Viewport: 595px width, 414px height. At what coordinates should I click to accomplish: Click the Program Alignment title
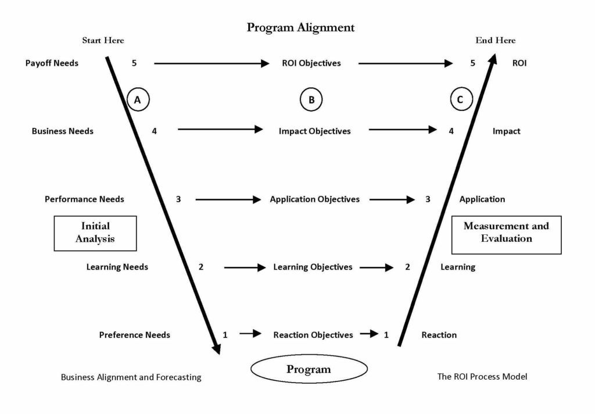(x=300, y=27)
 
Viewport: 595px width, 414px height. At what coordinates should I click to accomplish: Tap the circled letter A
(x=138, y=100)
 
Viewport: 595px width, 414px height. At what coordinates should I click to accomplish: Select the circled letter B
(x=311, y=100)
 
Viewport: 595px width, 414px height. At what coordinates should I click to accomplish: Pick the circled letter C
(x=460, y=100)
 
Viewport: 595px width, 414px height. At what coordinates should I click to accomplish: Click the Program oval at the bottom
(x=309, y=369)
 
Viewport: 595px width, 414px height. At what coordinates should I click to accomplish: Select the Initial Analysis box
(x=95, y=233)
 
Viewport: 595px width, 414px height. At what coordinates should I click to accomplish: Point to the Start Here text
(x=103, y=40)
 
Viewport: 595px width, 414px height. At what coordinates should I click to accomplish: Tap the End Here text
(x=495, y=40)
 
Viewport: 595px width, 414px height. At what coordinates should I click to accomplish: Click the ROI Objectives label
(x=311, y=63)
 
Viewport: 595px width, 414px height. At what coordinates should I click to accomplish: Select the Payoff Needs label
(x=52, y=63)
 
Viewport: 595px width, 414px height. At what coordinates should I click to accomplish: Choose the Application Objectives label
(x=314, y=199)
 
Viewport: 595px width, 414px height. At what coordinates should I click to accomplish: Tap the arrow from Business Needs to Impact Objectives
(x=220, y=130)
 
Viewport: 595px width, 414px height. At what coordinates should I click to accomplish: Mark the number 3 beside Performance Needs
(x=178, y=199)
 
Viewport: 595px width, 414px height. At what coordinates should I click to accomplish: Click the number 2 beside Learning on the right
(x=407, y=267)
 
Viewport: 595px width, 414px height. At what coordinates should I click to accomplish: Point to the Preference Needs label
(x=134, y=335)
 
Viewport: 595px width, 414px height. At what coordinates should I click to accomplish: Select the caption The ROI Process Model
(x=482, y=376)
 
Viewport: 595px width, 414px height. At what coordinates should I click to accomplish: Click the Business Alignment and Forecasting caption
(x=131, y=377)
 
